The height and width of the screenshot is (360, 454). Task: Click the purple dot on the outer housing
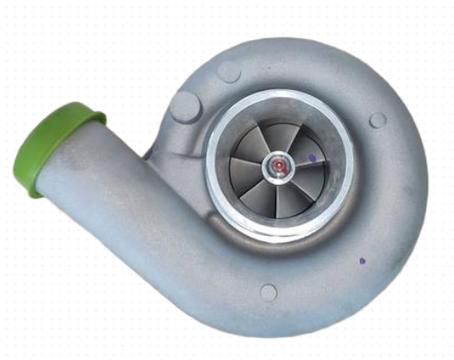pyautogui.click(x=361, y=261)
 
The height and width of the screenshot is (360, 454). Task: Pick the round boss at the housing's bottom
pyautogui.click(x=268, y=291)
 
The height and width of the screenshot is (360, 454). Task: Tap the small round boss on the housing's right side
pyautogui.click(x=377, y=119)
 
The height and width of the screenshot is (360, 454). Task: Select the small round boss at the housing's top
pyautogui.click(x=229, y=72)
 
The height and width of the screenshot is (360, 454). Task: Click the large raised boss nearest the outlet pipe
pyautogui.click(x=186, y=107)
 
